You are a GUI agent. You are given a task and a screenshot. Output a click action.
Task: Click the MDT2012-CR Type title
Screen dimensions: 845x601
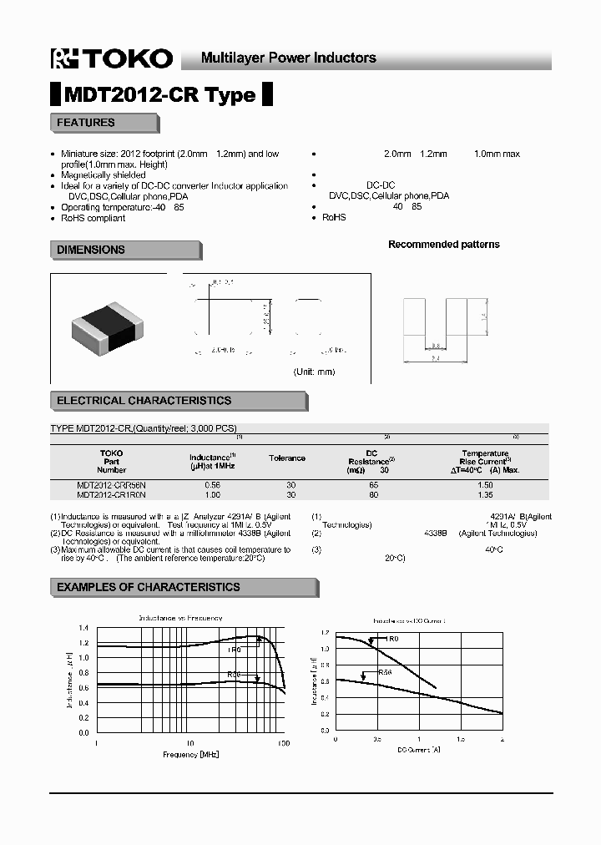pyautogui.click(x=160, y=95)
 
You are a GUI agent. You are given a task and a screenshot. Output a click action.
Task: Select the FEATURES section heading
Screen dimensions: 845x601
pyautogui.click(x=86, y=123)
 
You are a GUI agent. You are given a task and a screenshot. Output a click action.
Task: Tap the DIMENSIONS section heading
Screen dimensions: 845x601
pyautogui.click(x=91, y=250)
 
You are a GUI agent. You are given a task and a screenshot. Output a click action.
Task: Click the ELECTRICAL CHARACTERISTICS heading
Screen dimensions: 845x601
pyautogui.click(x=144, y=401)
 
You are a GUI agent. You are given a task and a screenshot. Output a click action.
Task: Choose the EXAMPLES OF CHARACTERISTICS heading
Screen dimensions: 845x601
pyautogui.click(x=148, y=587)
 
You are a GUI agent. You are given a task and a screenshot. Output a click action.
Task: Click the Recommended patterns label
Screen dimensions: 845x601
pyautogui.click(x=443, y=245)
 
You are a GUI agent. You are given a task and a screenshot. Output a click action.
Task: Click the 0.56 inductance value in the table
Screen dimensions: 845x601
pyautogui.click(x=212, y=485)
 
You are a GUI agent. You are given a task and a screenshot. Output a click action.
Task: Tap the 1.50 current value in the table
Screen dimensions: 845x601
pyautogui.click(x=484, y=485)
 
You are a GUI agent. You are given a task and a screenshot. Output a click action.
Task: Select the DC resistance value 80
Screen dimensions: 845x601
pyautogui.click(x=372, y=495)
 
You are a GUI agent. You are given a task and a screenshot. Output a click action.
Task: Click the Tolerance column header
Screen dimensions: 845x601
pyautogui.click(x=286, y=458)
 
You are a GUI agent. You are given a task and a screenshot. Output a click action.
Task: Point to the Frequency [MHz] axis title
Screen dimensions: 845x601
pyautogui.click(x=191, y=754)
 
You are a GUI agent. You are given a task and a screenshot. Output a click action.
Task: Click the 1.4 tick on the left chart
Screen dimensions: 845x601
pyautogui.click(x=83, y=628)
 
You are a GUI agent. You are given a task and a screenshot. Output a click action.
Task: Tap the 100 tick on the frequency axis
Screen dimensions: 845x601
pyautogui.click(x=283, y=742)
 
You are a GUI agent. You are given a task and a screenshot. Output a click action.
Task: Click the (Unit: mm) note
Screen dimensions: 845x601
pyautogui.click(x=313, y=372)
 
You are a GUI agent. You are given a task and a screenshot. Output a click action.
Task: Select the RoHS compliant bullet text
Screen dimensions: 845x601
pyautogui.click(x=93, y=218)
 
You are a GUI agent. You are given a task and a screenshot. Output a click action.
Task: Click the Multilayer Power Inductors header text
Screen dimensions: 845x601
pyautogui.click(x=289, y=58)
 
